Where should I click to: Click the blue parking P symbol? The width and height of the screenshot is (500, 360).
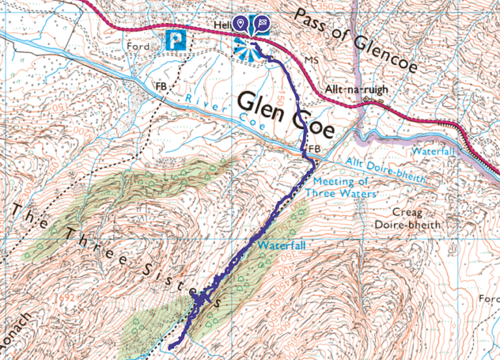[176, 40]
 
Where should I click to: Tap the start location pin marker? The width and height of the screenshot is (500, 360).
[242, 25]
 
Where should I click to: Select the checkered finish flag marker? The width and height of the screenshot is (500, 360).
[261, 25]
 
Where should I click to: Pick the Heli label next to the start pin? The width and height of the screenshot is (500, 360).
[222, 25]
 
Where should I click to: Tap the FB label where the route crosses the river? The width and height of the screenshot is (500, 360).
[315, 150]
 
